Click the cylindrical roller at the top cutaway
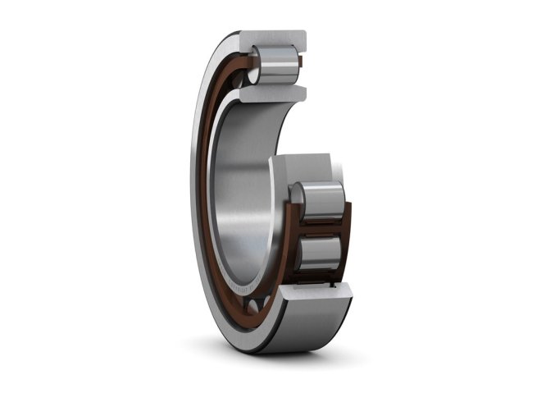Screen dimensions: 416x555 pyautogui.click(x=277, y=64)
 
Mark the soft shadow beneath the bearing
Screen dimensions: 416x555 pyautogui.click(x=279, y=361)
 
